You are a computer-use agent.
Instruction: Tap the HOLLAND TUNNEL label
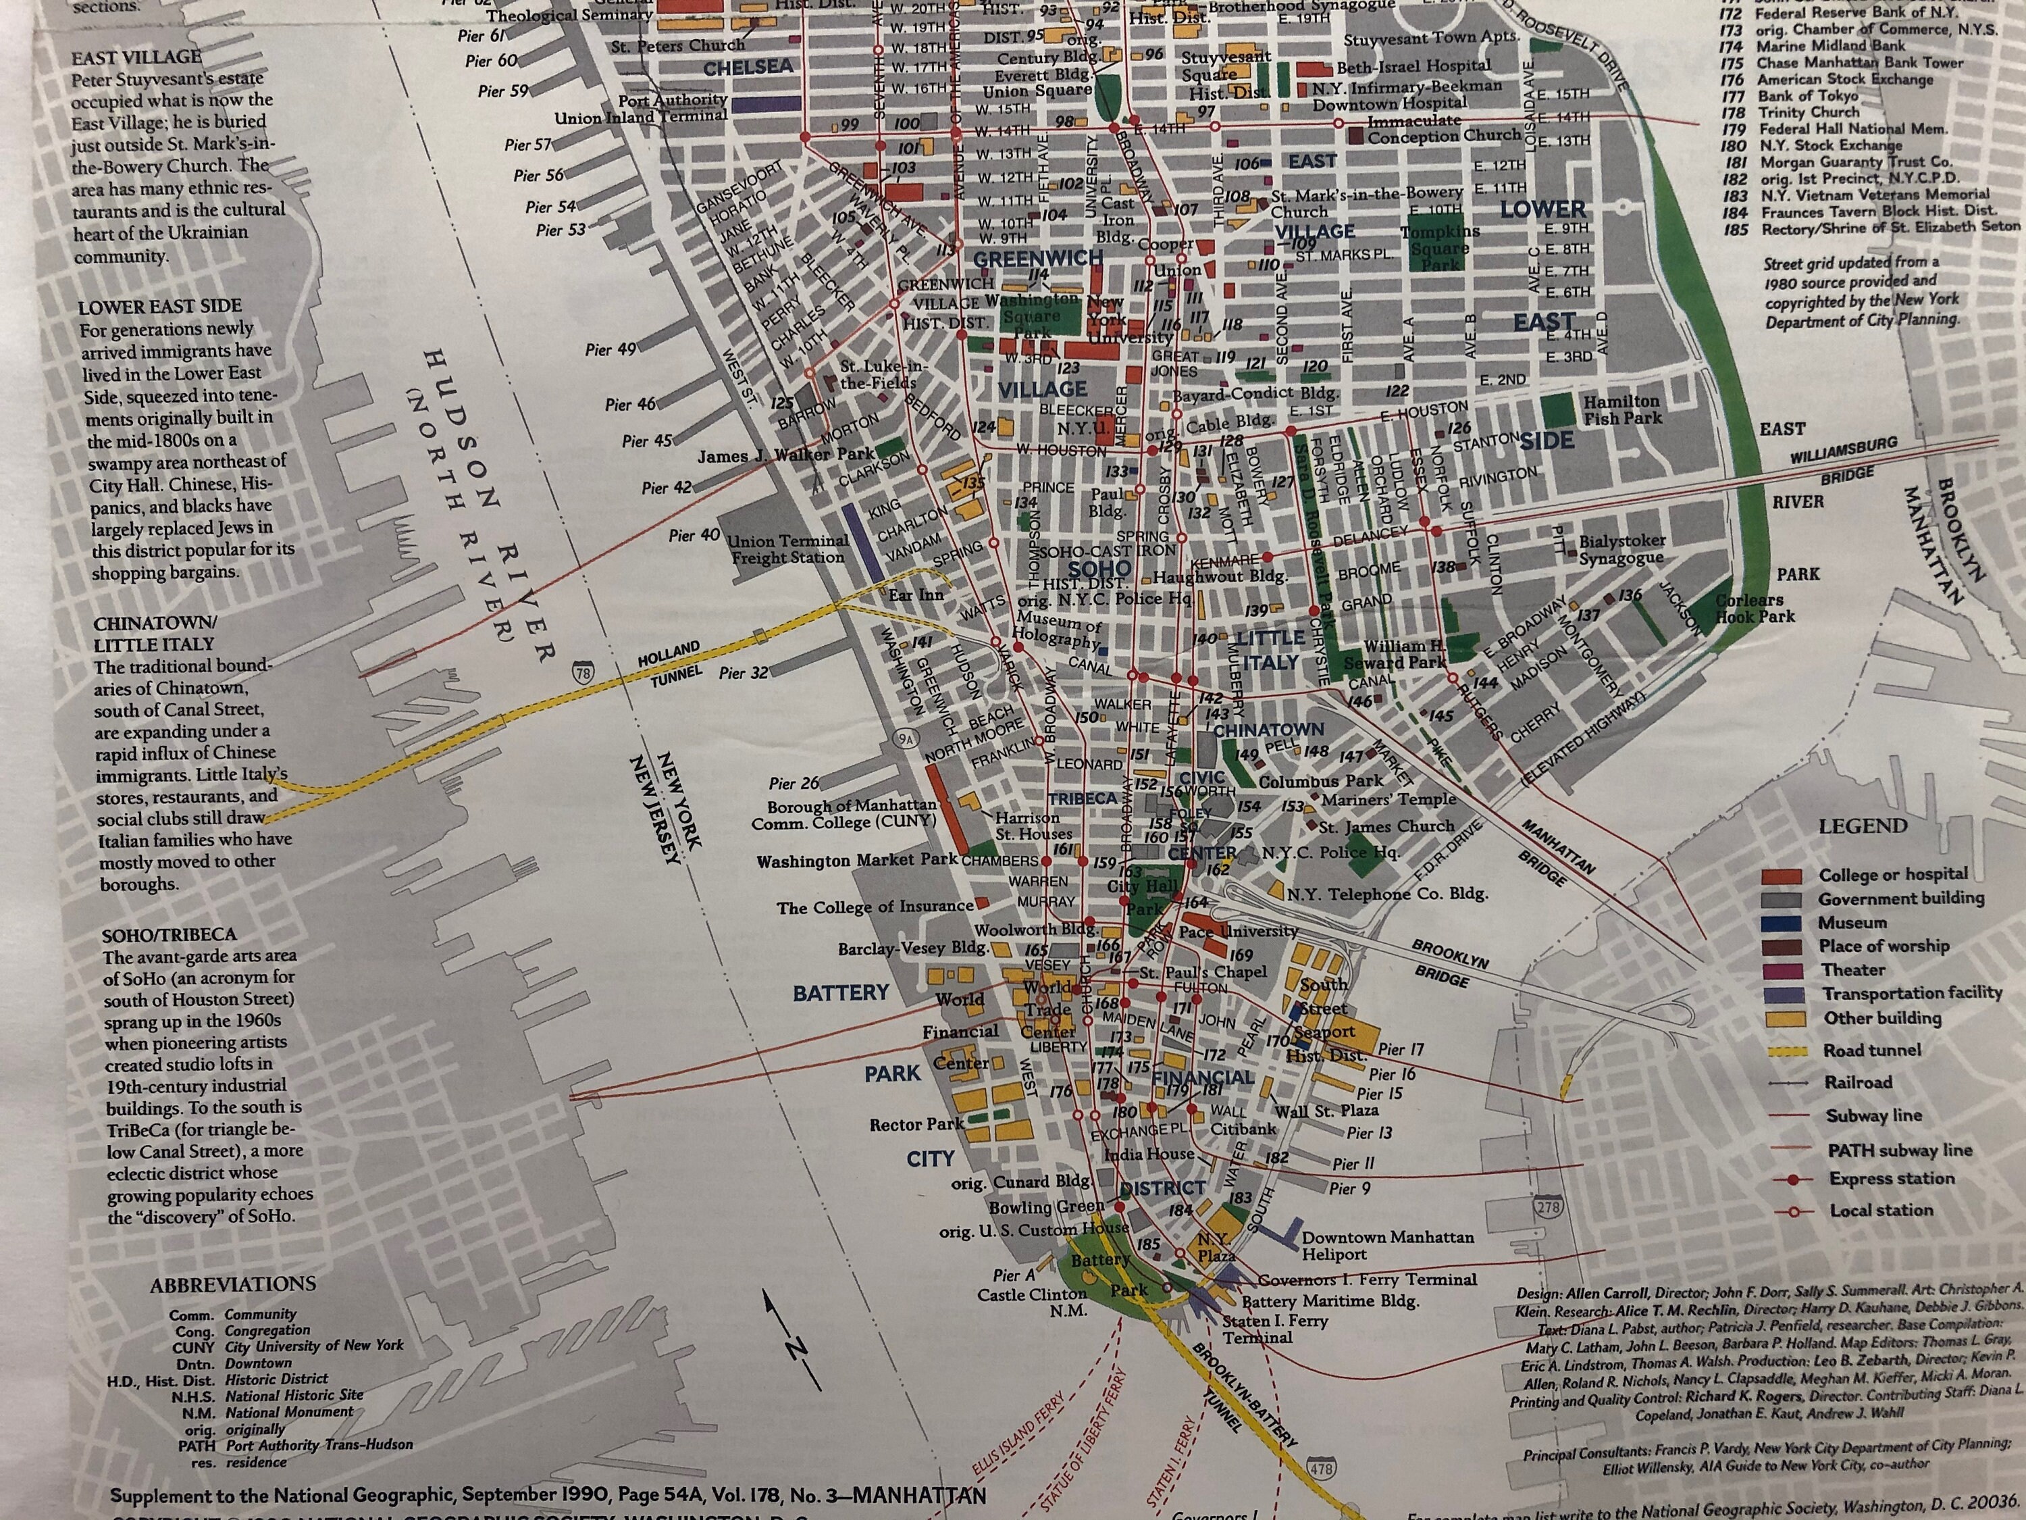click(671, 664)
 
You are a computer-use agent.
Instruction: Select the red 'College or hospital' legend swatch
click(1782, 876)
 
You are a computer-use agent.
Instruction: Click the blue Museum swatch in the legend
click(1782, 923)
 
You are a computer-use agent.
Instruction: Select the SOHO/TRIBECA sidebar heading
click(169, 934)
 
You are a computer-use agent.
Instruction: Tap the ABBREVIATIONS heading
click(232, 1284)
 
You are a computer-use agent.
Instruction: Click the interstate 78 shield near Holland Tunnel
click(583, 674)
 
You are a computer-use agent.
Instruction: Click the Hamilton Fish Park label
click(1621, 409)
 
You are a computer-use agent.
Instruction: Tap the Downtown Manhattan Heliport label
click(1386, 1245)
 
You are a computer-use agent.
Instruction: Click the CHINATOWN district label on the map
click(1268, 730)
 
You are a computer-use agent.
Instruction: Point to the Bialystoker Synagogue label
click(1621, 549)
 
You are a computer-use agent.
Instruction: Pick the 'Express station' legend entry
click(1892, 1178)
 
